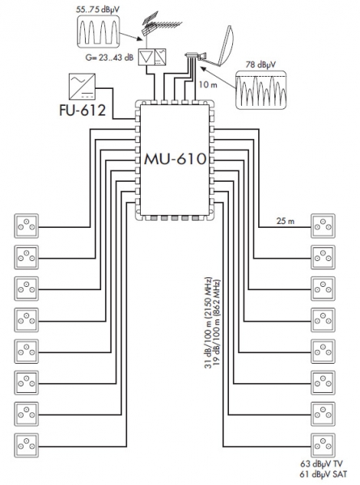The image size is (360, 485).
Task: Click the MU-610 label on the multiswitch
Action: click(x=176, y=159)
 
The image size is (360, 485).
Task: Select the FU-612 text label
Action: click(x=83, y=111)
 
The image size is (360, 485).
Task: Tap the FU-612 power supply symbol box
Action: click(x=82, y=86)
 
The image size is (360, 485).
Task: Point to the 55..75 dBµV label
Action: click(x=98, y=10)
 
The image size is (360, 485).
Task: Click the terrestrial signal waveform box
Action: click(x=99, y=32)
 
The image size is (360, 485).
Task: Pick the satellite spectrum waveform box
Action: click(x=261, y=90)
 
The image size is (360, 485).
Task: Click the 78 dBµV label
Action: click(x=260, y=65)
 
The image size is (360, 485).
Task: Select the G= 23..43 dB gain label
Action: click(x=109, y=57)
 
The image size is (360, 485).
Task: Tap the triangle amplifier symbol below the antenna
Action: click(x=146, y=57)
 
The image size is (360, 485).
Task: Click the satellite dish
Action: click(x=222, y=46)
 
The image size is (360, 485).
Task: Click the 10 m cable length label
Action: click(x=208, y=84)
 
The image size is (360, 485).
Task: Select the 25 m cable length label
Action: click(x=286, y=221)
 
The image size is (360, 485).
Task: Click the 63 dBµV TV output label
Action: click(x=321, y=464)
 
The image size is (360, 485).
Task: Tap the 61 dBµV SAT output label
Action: click(x=323, y=474)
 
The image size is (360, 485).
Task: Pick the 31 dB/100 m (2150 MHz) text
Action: click(x=209, y=323)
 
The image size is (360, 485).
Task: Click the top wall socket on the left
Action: click(x=27, y=226)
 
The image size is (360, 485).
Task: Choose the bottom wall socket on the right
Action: click(x=323, y=445)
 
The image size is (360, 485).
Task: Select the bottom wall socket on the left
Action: click(x=27, y=445)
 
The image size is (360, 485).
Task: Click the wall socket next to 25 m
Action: click(x=323, y=226)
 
